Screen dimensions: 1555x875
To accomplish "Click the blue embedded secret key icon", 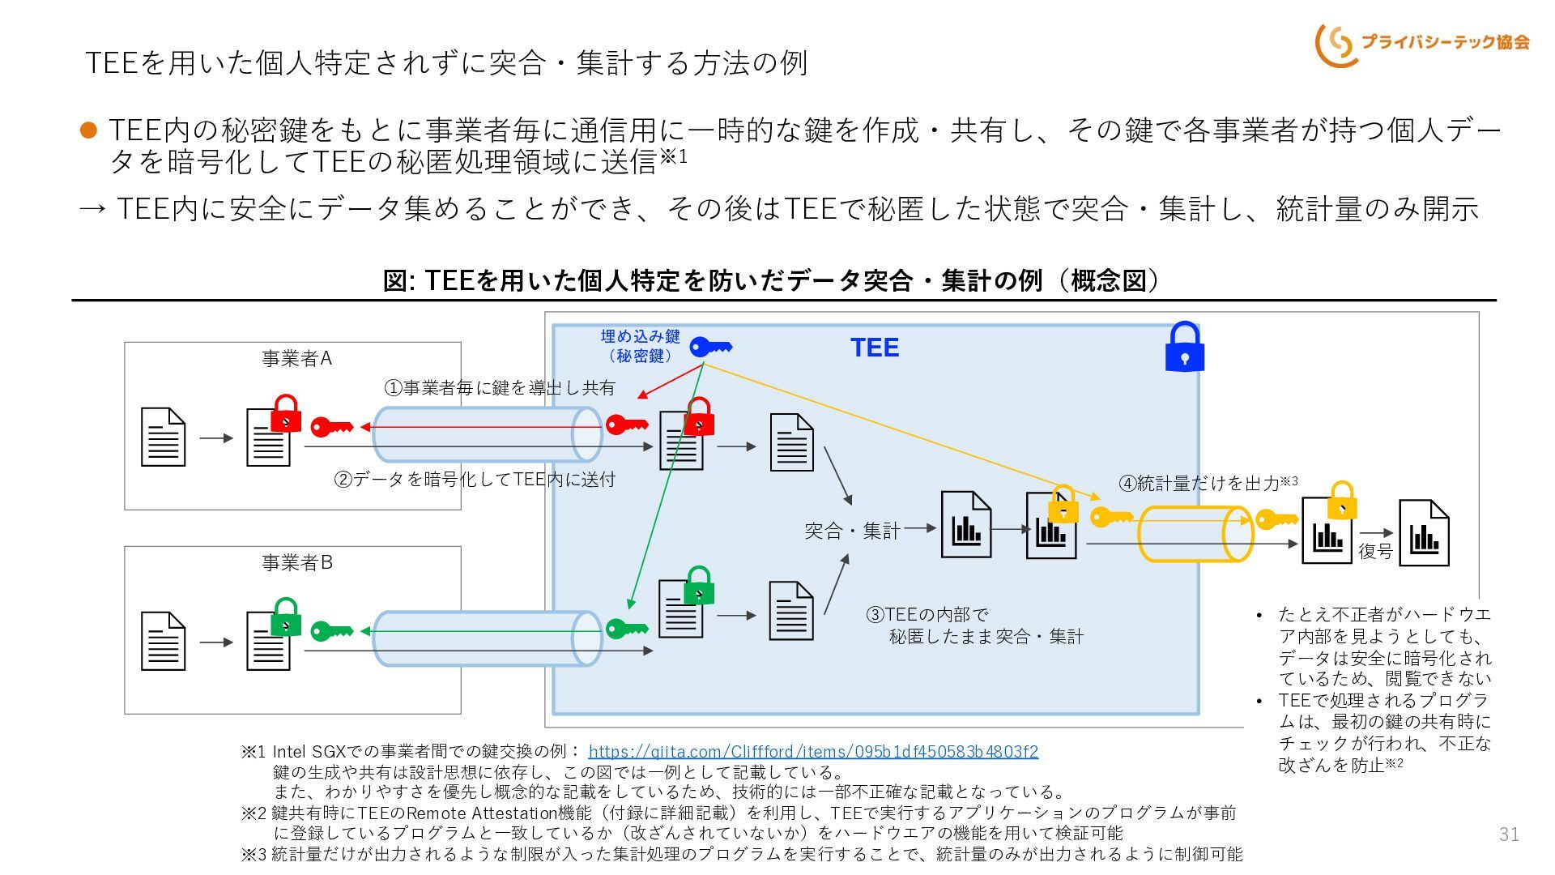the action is (710, 347).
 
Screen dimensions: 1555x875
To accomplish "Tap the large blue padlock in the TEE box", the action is (1184, 347).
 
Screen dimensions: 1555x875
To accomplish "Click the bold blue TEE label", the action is (875, 348).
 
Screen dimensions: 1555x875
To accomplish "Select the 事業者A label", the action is (296, 358).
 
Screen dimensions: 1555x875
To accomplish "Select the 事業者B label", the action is (296, 562).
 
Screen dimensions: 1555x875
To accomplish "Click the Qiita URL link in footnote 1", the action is (813, 751).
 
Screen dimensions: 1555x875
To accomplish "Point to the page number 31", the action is (1509, 834).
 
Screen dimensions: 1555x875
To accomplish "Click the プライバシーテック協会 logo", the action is (1422, 44).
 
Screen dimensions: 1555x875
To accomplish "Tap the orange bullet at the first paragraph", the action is (89, 130).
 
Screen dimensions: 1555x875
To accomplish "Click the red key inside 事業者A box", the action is (332, 426).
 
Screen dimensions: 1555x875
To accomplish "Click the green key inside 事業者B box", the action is (332, 630).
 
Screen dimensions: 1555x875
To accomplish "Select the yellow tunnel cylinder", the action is (1195, 534).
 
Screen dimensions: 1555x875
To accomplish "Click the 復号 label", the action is (1375, 551).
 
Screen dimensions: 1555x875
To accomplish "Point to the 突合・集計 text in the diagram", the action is (852, 531).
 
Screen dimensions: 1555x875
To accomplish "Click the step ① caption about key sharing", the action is (500, 388).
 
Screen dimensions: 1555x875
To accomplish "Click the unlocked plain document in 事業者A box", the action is (163, 437).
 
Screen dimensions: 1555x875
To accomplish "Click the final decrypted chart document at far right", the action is (1425, 532).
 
